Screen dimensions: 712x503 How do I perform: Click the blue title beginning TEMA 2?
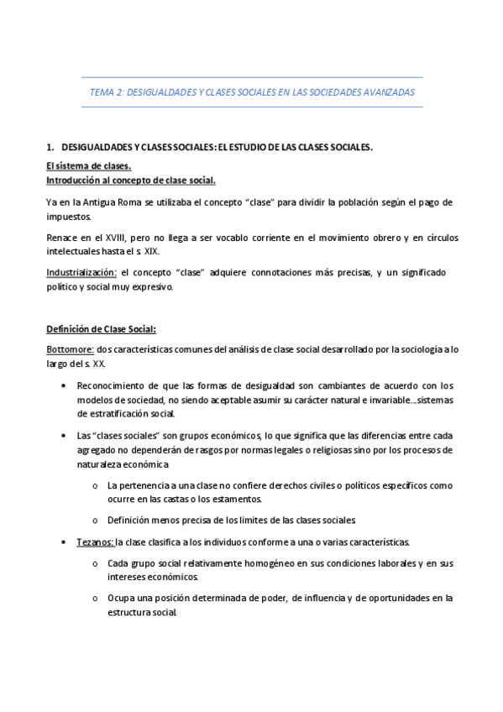251,92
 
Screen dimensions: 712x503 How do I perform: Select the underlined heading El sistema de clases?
88,166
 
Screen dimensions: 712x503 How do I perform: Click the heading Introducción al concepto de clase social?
130,180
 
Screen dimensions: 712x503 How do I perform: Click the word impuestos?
70,215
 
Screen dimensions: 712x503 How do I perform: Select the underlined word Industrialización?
81,274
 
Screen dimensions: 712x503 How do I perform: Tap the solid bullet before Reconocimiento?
65,385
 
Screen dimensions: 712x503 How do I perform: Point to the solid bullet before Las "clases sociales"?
65,437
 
